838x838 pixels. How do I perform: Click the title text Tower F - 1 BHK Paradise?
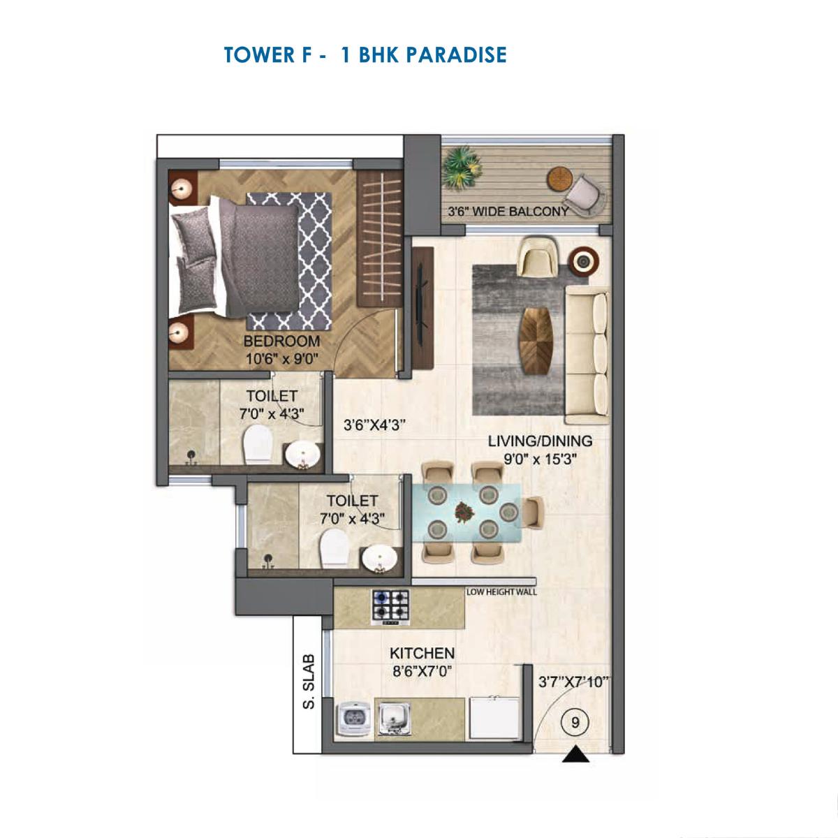point(365,54)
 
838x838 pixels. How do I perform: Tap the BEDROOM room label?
point(281,341)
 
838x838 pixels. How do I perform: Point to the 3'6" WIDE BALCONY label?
point(508,211)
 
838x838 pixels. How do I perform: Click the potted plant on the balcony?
point(460,164)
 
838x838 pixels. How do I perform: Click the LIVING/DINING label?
point(539,441)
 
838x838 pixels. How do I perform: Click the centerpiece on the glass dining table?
point(462,512)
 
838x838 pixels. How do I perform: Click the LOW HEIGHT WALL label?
point(501,592)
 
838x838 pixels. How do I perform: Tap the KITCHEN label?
point(422,654)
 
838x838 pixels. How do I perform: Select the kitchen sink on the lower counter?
point(394,716)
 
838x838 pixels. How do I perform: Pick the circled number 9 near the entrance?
point(575,723)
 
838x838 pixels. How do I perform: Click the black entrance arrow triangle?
point(575,754)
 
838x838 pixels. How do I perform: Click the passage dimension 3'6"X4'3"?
point(375,425)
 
